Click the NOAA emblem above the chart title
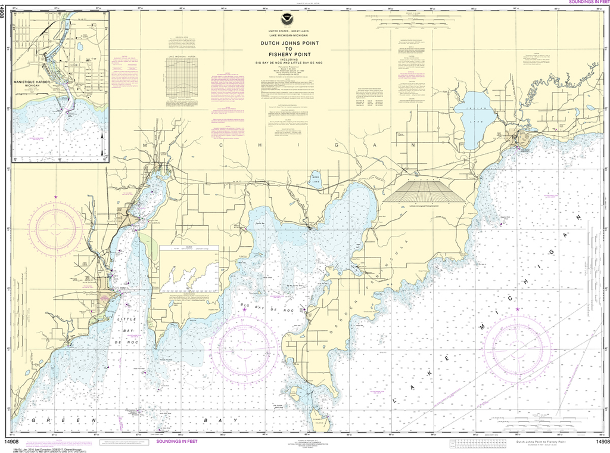(305, 27)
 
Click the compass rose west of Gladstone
(58, 226)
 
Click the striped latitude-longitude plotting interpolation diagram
(427, 192)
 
